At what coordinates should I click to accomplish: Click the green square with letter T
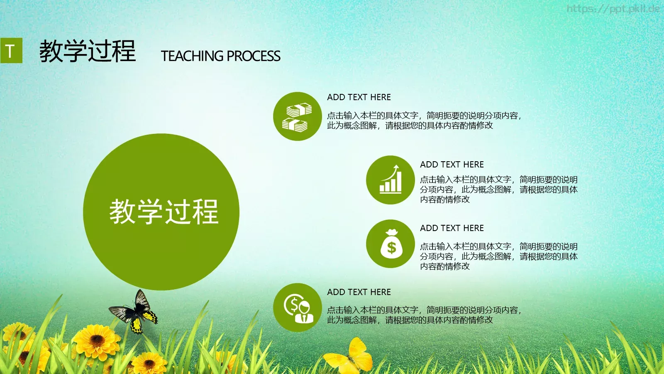[x=11, y=51]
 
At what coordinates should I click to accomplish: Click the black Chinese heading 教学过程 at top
[x=88, y=52]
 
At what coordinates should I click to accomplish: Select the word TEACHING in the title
[x=192, y=56]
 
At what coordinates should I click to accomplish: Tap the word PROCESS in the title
[x=254, y=56]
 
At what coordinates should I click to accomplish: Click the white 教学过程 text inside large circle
[x=164, y=212]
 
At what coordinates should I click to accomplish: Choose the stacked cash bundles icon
[x=297, y=117]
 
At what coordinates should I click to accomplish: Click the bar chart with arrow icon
[x=391, y=180]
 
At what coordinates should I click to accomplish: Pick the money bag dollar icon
[x=391, y=244]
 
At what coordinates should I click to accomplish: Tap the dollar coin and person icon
[x=297, y=308]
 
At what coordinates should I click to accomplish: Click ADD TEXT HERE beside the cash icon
[x=359, y=97]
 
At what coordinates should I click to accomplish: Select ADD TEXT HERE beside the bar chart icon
[x=452, y=165]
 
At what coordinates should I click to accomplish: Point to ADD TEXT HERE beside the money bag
[x=452, y=228]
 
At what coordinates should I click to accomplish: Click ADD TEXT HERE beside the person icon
[x=359, y=292]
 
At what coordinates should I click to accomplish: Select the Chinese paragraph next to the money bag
[x=498, y=256]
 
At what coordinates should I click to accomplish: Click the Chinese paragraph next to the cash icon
[x=423, y=121]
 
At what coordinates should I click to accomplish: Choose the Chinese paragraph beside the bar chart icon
[x=498, y=189]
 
